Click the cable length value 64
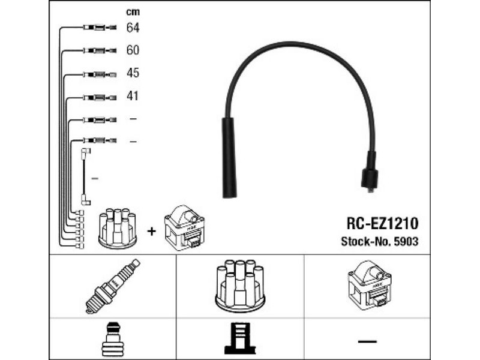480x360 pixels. pos(133,28)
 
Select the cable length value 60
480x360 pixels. pos(133,50)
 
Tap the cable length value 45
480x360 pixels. pos(133,73)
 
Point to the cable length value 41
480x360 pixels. pos(133,95)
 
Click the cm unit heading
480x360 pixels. pos(132,11)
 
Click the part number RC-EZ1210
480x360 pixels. pos(382,223)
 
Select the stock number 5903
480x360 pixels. pos(404,242)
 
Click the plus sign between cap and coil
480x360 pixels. pos(152,230)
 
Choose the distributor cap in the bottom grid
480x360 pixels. pos(240,284)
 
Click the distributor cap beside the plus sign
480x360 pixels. pos(118,228)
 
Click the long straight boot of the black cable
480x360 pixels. pos(229,157)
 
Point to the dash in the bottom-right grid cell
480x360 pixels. pos(367,341)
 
